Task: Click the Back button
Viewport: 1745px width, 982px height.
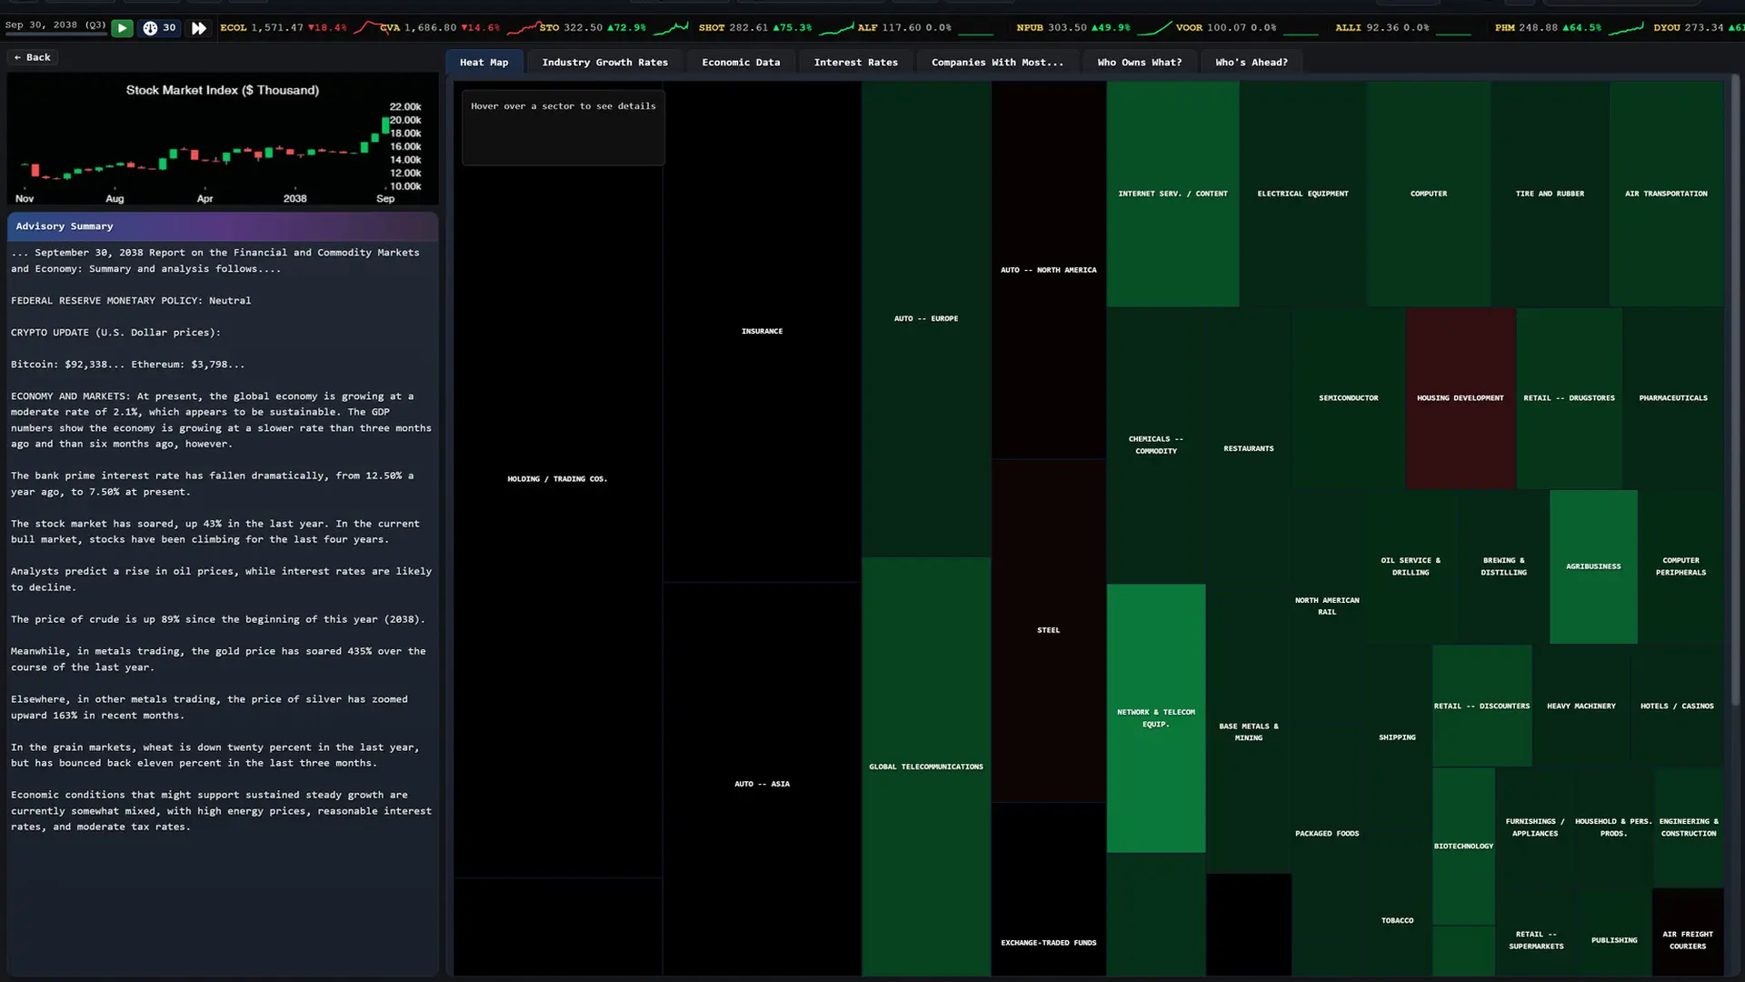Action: click(33, 57)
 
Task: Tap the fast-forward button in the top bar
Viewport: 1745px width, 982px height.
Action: click(198, 28)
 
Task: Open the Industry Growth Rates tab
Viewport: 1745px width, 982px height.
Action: click(604, 63)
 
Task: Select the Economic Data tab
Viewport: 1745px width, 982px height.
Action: click(741, 63)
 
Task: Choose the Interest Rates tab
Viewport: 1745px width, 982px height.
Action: click(855, 63)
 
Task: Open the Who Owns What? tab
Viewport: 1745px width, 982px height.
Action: click(1139, 63)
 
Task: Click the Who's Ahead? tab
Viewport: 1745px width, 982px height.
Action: click(1251, 63)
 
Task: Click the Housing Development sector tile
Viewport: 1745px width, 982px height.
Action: click(1460, 398)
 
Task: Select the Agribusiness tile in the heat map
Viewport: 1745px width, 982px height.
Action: click(1593, 566)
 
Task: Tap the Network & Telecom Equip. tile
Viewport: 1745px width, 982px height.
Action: click(1156, 718)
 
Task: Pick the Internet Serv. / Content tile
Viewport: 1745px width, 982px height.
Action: click(1172, 194)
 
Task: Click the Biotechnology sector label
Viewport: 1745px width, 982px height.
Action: click(1463, 847)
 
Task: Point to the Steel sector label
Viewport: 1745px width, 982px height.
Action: click(1048, 630)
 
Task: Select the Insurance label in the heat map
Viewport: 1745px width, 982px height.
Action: click(762, 331)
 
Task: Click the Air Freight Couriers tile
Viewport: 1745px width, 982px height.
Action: click(1688, 932)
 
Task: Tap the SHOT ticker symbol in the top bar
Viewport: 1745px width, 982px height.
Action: click(712, 28)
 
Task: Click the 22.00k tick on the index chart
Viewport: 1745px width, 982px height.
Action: click(405, 107)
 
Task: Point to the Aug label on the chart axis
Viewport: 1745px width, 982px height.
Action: click(115, 199)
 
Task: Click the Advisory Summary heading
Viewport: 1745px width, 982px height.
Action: click(65, 226)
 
